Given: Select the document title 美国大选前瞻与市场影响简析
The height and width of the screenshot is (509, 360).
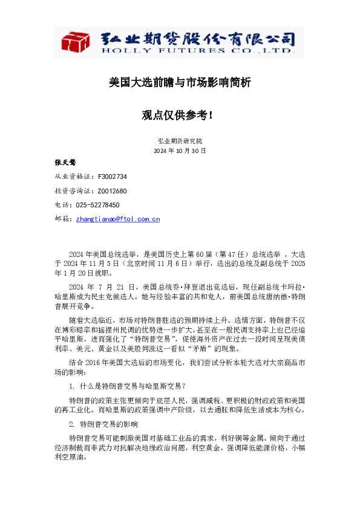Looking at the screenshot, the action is coord(180,82).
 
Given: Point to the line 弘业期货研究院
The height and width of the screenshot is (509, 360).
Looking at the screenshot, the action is coord(180,140).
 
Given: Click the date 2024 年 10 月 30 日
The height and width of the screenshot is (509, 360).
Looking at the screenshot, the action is coord(180,150).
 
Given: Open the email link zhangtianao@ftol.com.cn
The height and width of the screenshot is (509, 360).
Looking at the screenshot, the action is coord(118,219).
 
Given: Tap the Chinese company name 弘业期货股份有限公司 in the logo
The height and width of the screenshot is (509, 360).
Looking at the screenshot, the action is coord(197,38).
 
